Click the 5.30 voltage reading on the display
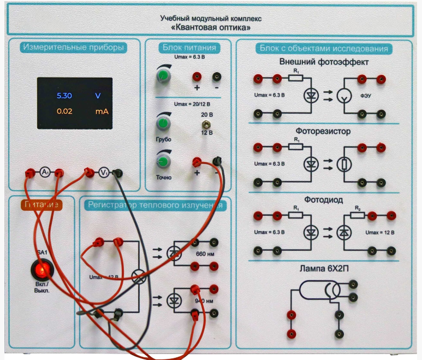[x=64, y=96]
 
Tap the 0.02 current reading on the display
[x=64, y=112]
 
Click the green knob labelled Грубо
[x=162, y=125]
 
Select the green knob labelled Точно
[x=162, y=162]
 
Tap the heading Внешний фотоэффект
[x=324, y=62]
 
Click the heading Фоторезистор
[x=323, y=132]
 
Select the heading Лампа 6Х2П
[x=323, y=269]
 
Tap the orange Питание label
[x=41, y=204]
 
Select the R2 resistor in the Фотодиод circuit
[x=358, y=215]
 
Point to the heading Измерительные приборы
[x=74, y=48]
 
